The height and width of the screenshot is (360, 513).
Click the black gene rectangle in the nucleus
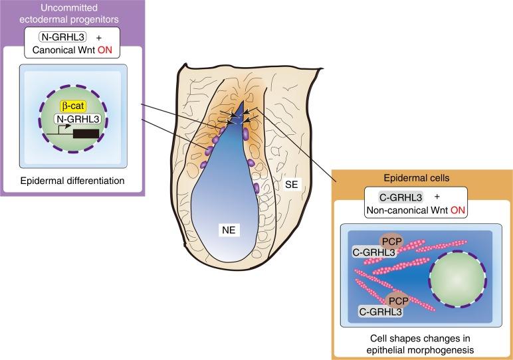87,134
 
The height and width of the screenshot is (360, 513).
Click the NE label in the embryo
228,230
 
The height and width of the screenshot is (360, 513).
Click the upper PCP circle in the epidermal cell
390,242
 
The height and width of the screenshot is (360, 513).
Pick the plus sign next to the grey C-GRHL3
437,197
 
